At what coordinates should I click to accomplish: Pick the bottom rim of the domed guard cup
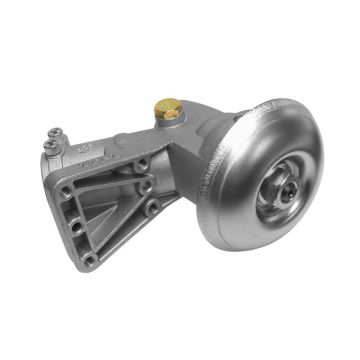point(260,240)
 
